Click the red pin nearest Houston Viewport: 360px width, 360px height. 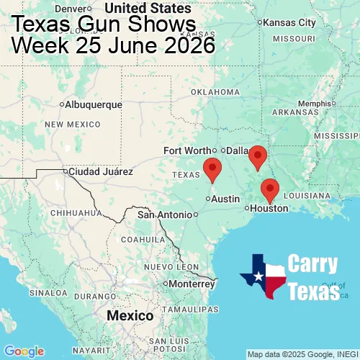pyautogui.click(x=269, y=189)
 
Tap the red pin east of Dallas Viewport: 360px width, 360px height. pyautogui.click(x=257, y=156)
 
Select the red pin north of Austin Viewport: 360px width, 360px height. pyautogui.click(x=212, y=168)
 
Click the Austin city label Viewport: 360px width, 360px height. pyautogui.click(x=226, y=199)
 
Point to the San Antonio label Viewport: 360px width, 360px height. pyautogui.click(x=166, y=215)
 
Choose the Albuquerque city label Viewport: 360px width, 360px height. pyautogui.click(x=94, y=104)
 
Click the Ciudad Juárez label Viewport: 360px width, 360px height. pyautogui.click(x=100, y=172)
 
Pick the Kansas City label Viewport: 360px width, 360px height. pyautogui.click(x=289, y=23)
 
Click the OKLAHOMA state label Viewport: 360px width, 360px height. pyautogui.click(x=215, y=92)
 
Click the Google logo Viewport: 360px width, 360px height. pyautogui.click(x=24, y=351)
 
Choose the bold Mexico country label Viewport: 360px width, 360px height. pyautogui.click(x=130, y=316)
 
